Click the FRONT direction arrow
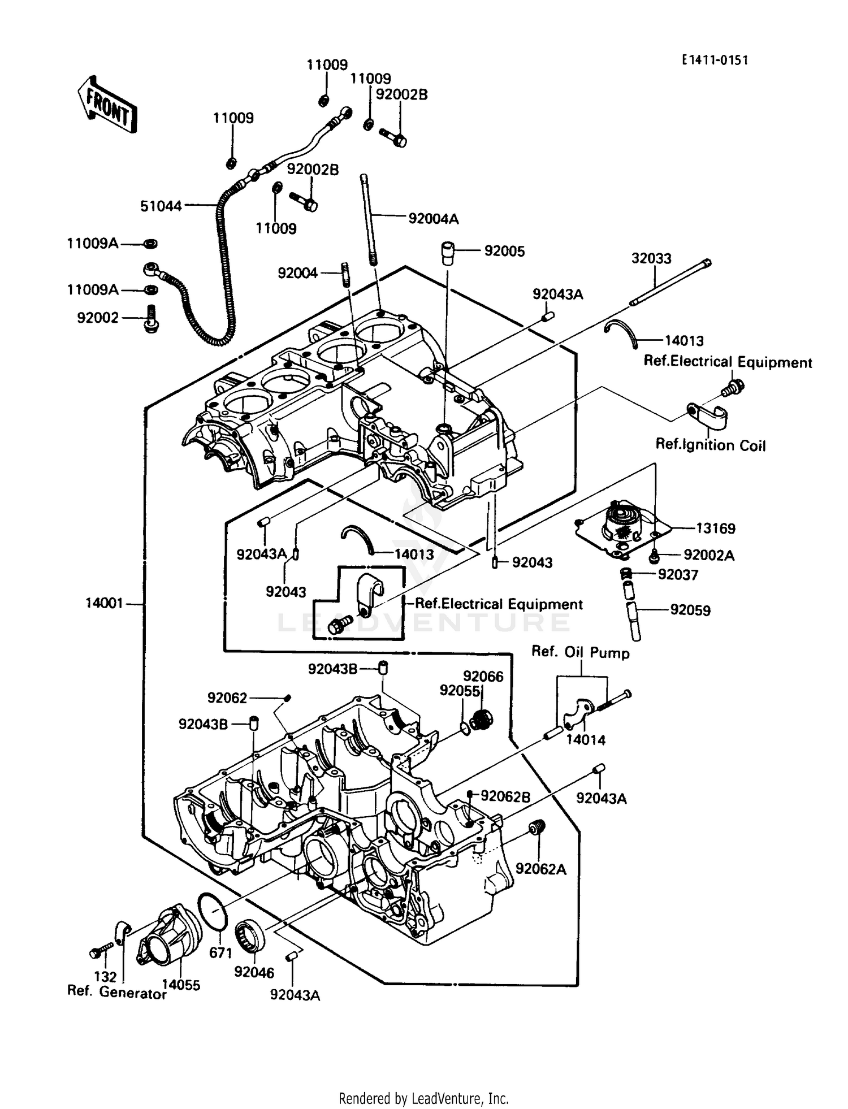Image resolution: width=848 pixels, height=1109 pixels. [107, 105]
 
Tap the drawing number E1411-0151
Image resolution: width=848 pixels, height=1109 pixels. [715, 60]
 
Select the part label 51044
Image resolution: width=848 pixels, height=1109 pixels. [161, 206]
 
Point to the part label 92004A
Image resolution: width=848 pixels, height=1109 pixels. [433, 219]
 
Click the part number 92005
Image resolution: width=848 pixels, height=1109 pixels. [504, 251]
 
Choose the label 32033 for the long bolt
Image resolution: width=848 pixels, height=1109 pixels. [651, 258]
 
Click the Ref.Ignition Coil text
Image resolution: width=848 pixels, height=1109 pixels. [710, 445]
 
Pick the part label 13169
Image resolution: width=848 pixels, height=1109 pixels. [715, 528]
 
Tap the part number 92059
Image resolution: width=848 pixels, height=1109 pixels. [690, 610]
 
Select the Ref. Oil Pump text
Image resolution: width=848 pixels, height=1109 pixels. [580, 652]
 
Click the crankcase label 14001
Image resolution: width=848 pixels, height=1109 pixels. [104, 603]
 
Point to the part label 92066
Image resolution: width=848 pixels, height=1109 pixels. [483, 677]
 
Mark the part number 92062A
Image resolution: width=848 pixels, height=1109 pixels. [540, 869]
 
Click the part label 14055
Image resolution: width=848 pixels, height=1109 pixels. [181, 985]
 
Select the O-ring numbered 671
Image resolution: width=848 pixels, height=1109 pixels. [213, 911]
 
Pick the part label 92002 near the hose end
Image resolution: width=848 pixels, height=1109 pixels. [98, 318]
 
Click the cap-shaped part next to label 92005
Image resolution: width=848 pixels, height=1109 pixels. [449, 252]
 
